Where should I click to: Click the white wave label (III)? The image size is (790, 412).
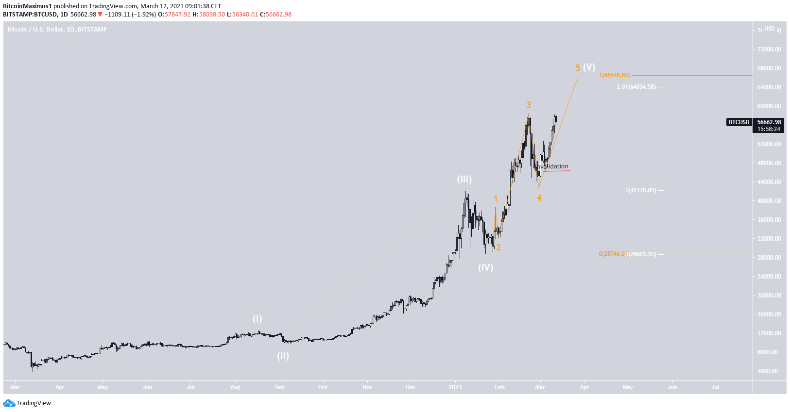464,180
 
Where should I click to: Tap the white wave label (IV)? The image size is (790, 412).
485,267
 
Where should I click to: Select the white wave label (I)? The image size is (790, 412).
257,319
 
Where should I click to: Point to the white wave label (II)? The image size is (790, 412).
283,356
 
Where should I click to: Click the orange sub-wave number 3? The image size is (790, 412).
529,105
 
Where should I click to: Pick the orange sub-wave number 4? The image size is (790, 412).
539,198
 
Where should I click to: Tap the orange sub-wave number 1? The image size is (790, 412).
496,198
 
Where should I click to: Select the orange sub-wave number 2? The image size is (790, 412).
498,247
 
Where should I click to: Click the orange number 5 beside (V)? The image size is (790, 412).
578,68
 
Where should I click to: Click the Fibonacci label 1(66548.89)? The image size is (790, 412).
614,75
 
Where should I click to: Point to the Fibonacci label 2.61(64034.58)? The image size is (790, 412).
636,87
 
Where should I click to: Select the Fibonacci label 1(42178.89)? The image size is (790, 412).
640,190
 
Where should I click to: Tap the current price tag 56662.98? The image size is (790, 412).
769,122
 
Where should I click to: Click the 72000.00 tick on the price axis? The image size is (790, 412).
769,49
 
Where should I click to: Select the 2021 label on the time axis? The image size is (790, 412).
455,387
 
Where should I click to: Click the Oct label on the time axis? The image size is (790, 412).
323,387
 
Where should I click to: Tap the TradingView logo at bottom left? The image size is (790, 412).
27,403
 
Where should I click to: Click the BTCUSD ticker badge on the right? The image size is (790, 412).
738,122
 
